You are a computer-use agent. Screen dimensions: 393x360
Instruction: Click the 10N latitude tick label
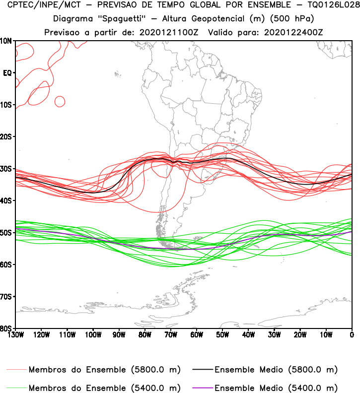pyautogui.click(x=7, y=41)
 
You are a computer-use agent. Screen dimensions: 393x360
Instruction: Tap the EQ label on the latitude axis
pyautogui.click(x=7, y=73)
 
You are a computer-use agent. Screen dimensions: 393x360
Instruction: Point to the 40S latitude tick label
pyautogui.click(x=7, y=200)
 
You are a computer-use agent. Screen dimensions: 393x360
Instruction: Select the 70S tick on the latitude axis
pyautogui.click(x=7, y=296)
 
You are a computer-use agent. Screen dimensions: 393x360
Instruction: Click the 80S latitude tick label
pyautogui.click(x=7, y=328)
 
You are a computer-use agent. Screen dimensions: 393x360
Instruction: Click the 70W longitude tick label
pyautogui.click(x=170, y=334)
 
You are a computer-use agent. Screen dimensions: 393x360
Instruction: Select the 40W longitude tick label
pyautogui.click(x=248, y=334)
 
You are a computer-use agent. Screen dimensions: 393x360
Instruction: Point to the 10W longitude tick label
pyautogui.click(x=326, y=334)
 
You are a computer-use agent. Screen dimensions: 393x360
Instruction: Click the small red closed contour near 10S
pyautogui.click(x=60, y=101)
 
